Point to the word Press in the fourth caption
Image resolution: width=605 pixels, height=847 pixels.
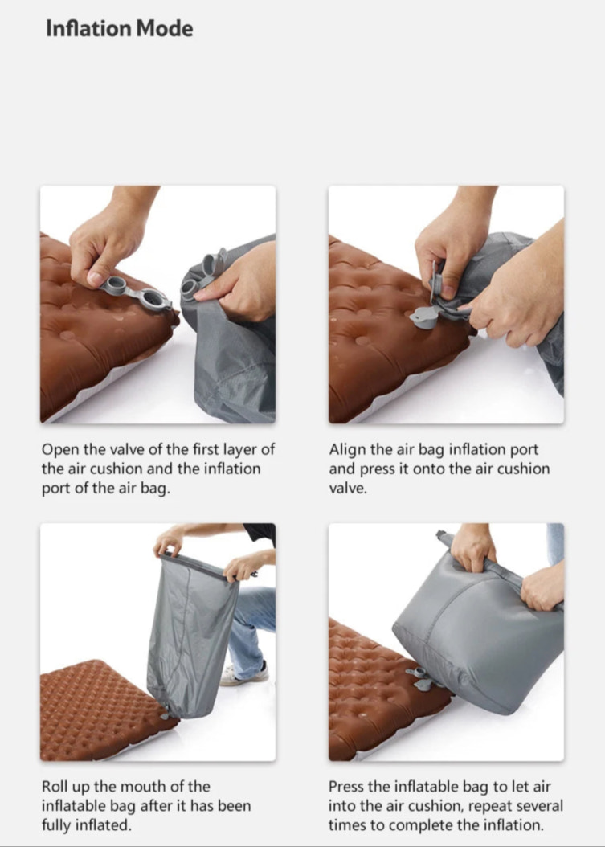pyautogui.click(x=347, y=786)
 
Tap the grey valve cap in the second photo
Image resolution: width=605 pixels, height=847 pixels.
pyautogui.click(x=424, y=317)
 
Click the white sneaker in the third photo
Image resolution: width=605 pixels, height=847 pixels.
pyautogui.click(x=241, y=673)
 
